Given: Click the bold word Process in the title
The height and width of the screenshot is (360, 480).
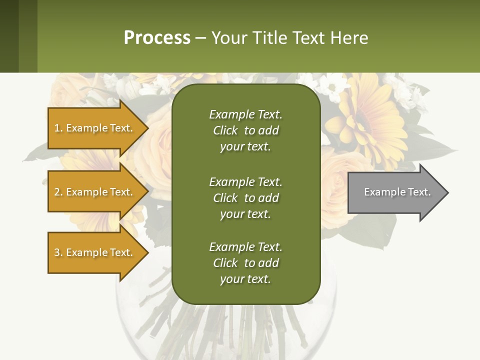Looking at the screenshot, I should [x=157, y=38].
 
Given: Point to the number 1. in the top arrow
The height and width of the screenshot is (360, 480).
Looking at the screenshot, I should [x=58, y=128].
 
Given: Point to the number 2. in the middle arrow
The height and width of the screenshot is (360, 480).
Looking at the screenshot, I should [x=58, y=192].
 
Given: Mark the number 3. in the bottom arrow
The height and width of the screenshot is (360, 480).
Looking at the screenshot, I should [x=58, y=252].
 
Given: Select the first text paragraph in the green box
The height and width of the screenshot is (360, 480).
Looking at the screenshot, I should [x=245, y=130].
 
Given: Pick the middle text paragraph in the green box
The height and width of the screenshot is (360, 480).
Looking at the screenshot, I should [x=245, y=198].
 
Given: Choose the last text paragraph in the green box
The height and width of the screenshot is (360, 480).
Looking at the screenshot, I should [x=245, y=263].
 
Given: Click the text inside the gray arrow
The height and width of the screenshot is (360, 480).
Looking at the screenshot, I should [x=397, y=192].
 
